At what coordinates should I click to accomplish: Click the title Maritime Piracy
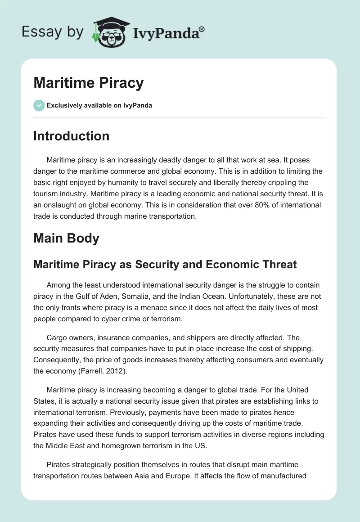[88, 83]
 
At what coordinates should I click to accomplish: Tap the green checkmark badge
[39, 105]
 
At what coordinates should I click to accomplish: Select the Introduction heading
[71, 136]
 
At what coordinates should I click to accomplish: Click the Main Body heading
[66, 238]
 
